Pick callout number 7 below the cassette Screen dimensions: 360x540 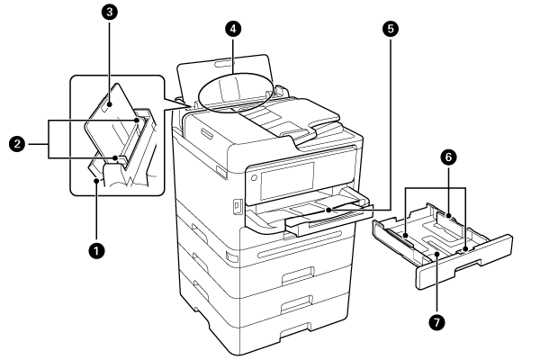(x=436, y=320)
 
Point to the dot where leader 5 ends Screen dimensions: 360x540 (x=328, y=209)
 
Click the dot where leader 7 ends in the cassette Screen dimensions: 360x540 (x=436, y=255)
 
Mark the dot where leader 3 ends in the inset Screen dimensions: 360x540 (x=107, y=106)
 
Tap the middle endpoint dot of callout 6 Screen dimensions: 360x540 (x=447, y=216)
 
